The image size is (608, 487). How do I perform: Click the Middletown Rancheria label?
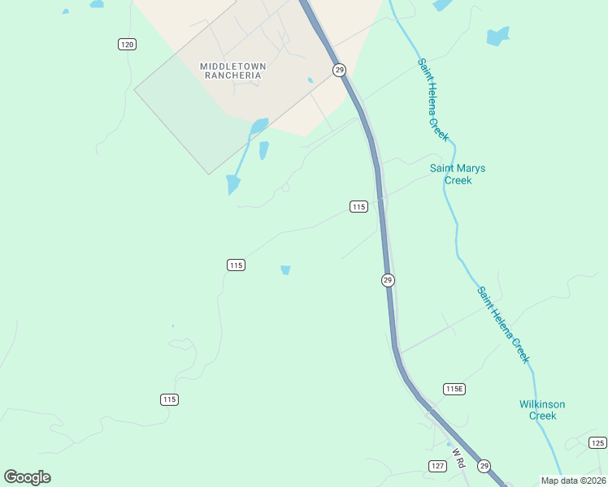coord(232,71)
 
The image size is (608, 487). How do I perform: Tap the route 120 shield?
coord(127,44)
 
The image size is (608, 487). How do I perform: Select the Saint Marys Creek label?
coord(458,175)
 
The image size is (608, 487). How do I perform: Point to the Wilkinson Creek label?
coord(542,410)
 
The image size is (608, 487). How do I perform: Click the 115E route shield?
coord(454,390)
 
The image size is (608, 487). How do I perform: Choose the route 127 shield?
coord(437,465)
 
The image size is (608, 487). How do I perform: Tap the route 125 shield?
coord(597,442)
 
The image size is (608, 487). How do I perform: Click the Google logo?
coord(27,477)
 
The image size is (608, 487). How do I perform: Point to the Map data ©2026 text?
coord(573,481)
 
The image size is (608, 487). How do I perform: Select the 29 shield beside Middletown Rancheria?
coord(339,71)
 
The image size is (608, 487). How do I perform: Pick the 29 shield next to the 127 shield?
coord(484,466)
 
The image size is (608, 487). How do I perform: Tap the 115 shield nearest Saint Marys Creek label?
coord(358,207)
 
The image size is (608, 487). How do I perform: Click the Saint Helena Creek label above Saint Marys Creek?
coord(433,99)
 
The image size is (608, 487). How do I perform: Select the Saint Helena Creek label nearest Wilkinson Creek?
coord(503,325)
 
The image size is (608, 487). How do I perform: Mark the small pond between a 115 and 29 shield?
coord(285,269)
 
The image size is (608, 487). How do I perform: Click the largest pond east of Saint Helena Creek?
coord(497,37)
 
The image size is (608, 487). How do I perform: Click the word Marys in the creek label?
coord(472,169)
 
